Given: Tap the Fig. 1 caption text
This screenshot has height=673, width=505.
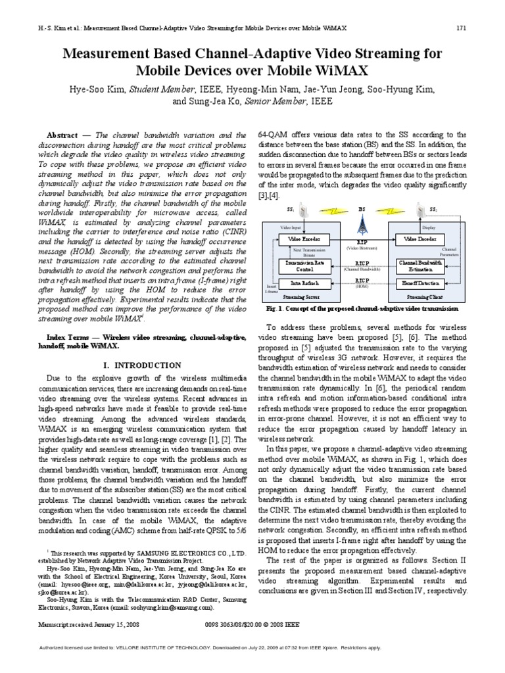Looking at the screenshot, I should pyautogui.click(x=362, y=308).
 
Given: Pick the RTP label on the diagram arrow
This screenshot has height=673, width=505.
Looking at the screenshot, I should pyautogui.click(x=362, y=242).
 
